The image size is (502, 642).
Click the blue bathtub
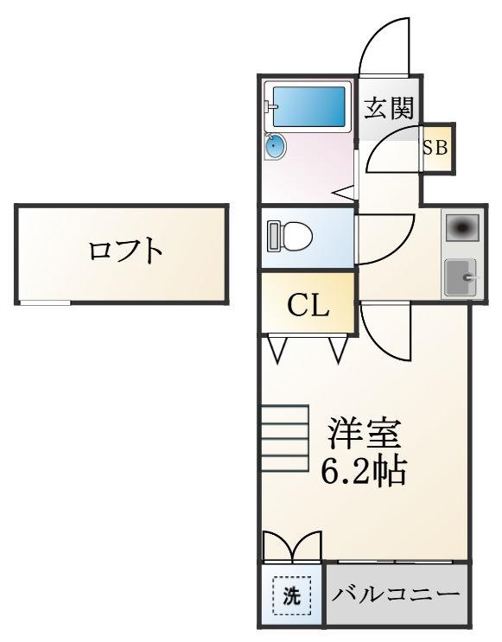point(308,106)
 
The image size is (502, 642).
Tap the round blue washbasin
point(276,147)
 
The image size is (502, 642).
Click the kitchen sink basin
point(461,277)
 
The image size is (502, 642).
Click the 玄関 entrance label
point(389,108)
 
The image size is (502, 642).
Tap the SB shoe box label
point(435,148)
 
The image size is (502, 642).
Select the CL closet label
point(308,305)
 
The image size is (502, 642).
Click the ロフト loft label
point(125,251)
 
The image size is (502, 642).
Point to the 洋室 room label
point(363,433)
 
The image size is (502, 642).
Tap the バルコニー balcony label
point(396,594)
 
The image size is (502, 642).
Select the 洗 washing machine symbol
point(292,595)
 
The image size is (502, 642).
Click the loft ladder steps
point(284,438)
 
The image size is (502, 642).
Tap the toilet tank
point(274,236)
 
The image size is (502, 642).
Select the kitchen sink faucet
point(471,277)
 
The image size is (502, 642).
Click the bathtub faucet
point(270,107)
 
